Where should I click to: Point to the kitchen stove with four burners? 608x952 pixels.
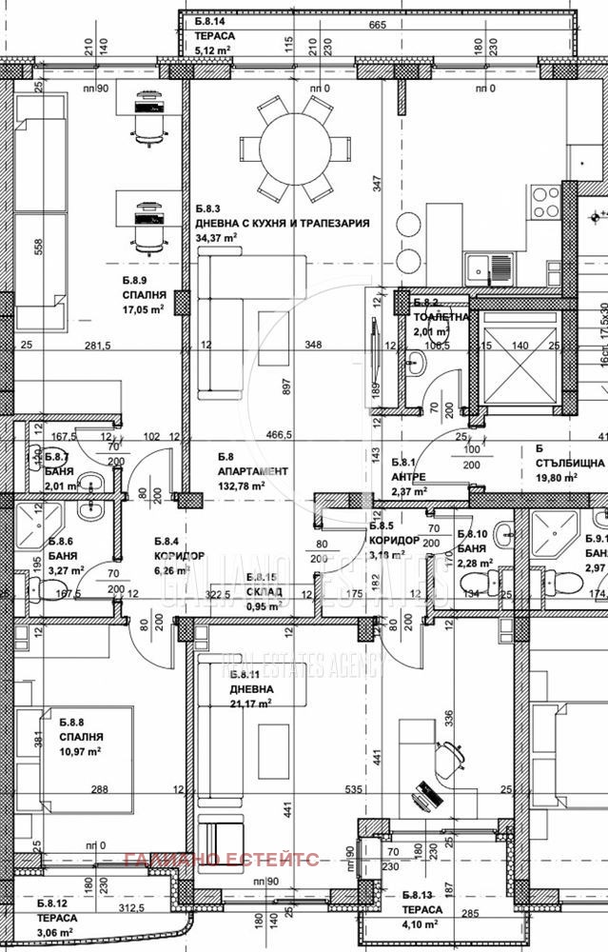point(545,202)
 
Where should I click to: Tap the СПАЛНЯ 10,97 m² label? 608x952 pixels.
point(80,744)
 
